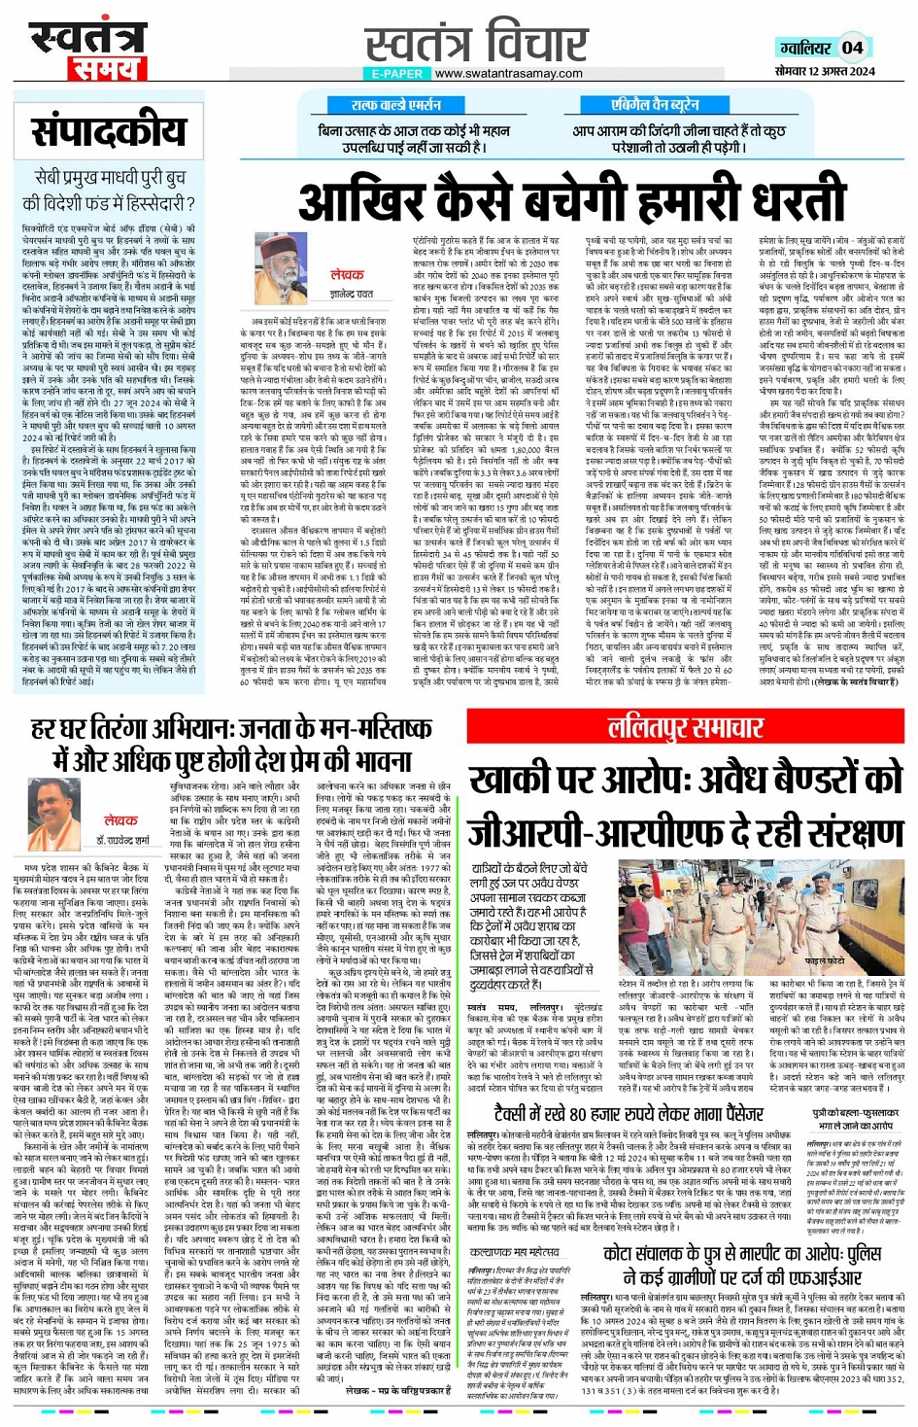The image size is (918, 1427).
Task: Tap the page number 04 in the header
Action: (852, 48)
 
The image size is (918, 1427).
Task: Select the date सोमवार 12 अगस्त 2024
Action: (826, 71)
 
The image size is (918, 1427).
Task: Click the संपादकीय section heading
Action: (109, 133)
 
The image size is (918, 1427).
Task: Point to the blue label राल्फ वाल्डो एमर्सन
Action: (396, 105)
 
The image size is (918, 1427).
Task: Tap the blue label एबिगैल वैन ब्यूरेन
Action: (655, 105)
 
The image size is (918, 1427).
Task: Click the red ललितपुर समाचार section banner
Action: (686, 728)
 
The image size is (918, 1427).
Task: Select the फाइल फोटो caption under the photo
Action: (827, 959)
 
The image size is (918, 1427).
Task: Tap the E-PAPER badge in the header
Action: (396, 74)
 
